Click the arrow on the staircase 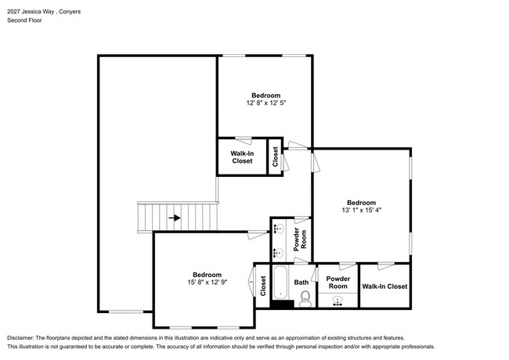coord(175,218)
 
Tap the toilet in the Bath coord(305,299)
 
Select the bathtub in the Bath coord(280,283)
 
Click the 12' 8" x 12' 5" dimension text coord(266,103)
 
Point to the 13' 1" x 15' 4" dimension coord(361,211)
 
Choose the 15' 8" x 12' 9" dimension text coord(207,283)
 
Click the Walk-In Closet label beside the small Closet coord(242,157)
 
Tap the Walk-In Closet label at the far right coord(384,286)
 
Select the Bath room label coord(301,283)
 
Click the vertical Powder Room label coord(300,239)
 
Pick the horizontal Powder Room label coord(338,283)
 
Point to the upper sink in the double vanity coord(277,229)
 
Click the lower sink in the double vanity coord(277,253)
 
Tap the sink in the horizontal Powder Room coord(338,301)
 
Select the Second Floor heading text coord(25,20)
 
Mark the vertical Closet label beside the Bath coord(263,286)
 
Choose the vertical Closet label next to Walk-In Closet coord(276,157)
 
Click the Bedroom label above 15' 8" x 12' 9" coord(207,275)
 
